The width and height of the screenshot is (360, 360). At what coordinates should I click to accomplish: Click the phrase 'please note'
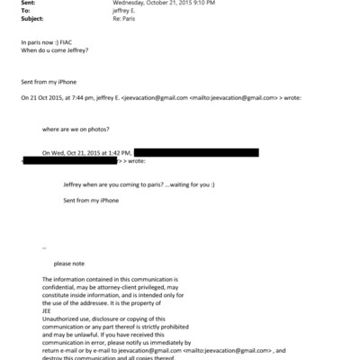pos(69,263)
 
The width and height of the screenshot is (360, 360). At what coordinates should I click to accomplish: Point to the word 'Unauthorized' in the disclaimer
pos(61,319)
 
